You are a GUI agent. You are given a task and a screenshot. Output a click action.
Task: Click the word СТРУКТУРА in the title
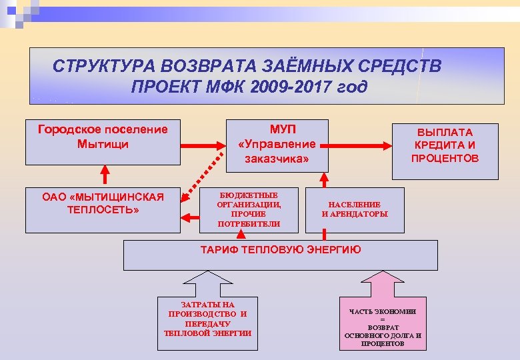tap(97, 67)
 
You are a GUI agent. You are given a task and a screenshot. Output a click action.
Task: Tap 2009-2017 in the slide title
tap(273, 87)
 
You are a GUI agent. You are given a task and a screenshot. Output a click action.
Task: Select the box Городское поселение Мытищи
tap(103, 141)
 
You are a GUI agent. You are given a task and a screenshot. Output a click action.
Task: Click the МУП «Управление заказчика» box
tap(277, 143)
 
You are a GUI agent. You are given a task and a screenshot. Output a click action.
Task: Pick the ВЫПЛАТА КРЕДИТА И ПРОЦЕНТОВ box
tap(445, 150)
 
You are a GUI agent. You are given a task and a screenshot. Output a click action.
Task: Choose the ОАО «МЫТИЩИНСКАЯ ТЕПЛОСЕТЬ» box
tap(103, 210)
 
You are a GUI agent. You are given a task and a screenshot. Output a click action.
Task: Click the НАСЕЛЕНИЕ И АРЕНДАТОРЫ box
tap(354, 209)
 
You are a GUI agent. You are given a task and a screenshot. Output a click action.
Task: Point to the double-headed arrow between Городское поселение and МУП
tap(203, 145)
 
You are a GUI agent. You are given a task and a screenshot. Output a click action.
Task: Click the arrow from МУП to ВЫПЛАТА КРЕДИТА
tap(359, 145)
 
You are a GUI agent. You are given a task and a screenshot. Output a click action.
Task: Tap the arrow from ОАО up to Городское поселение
tap(103, 175)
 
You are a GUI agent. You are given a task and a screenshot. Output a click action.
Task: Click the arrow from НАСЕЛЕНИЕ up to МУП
tap(325, 178)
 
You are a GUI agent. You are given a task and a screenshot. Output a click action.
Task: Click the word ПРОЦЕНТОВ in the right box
tap(445, 158)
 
